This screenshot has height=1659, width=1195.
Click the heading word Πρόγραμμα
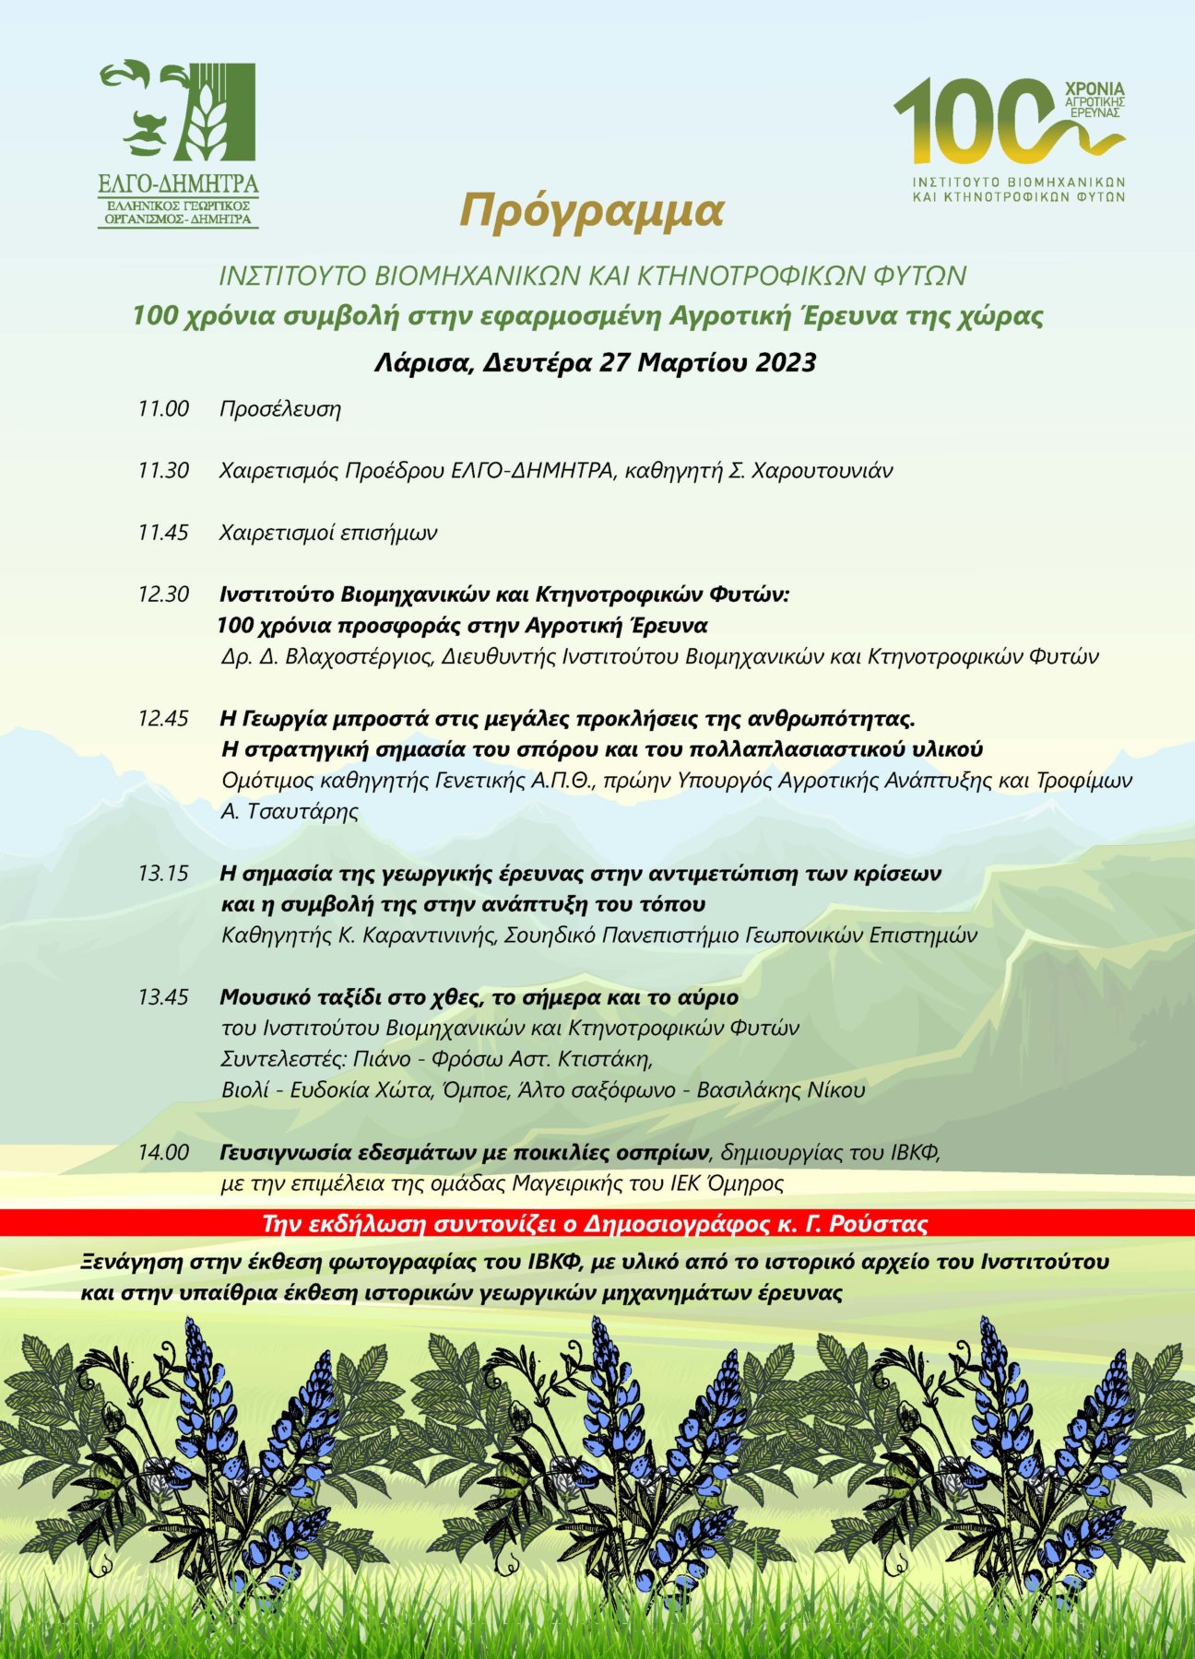pos(592,211)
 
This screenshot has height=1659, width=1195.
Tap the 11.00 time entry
pos(163,408)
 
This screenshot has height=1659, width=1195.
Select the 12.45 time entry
pos(163,718)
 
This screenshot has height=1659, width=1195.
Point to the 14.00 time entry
pos(163,1152)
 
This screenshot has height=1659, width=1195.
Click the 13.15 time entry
pos(163,872)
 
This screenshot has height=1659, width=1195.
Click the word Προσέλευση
pos(280,409)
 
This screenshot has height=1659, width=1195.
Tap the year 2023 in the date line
pos(786,361)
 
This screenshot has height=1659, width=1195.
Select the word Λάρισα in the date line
pos(424,362)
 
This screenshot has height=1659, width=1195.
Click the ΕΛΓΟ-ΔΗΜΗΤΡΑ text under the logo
pos(179,182)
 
